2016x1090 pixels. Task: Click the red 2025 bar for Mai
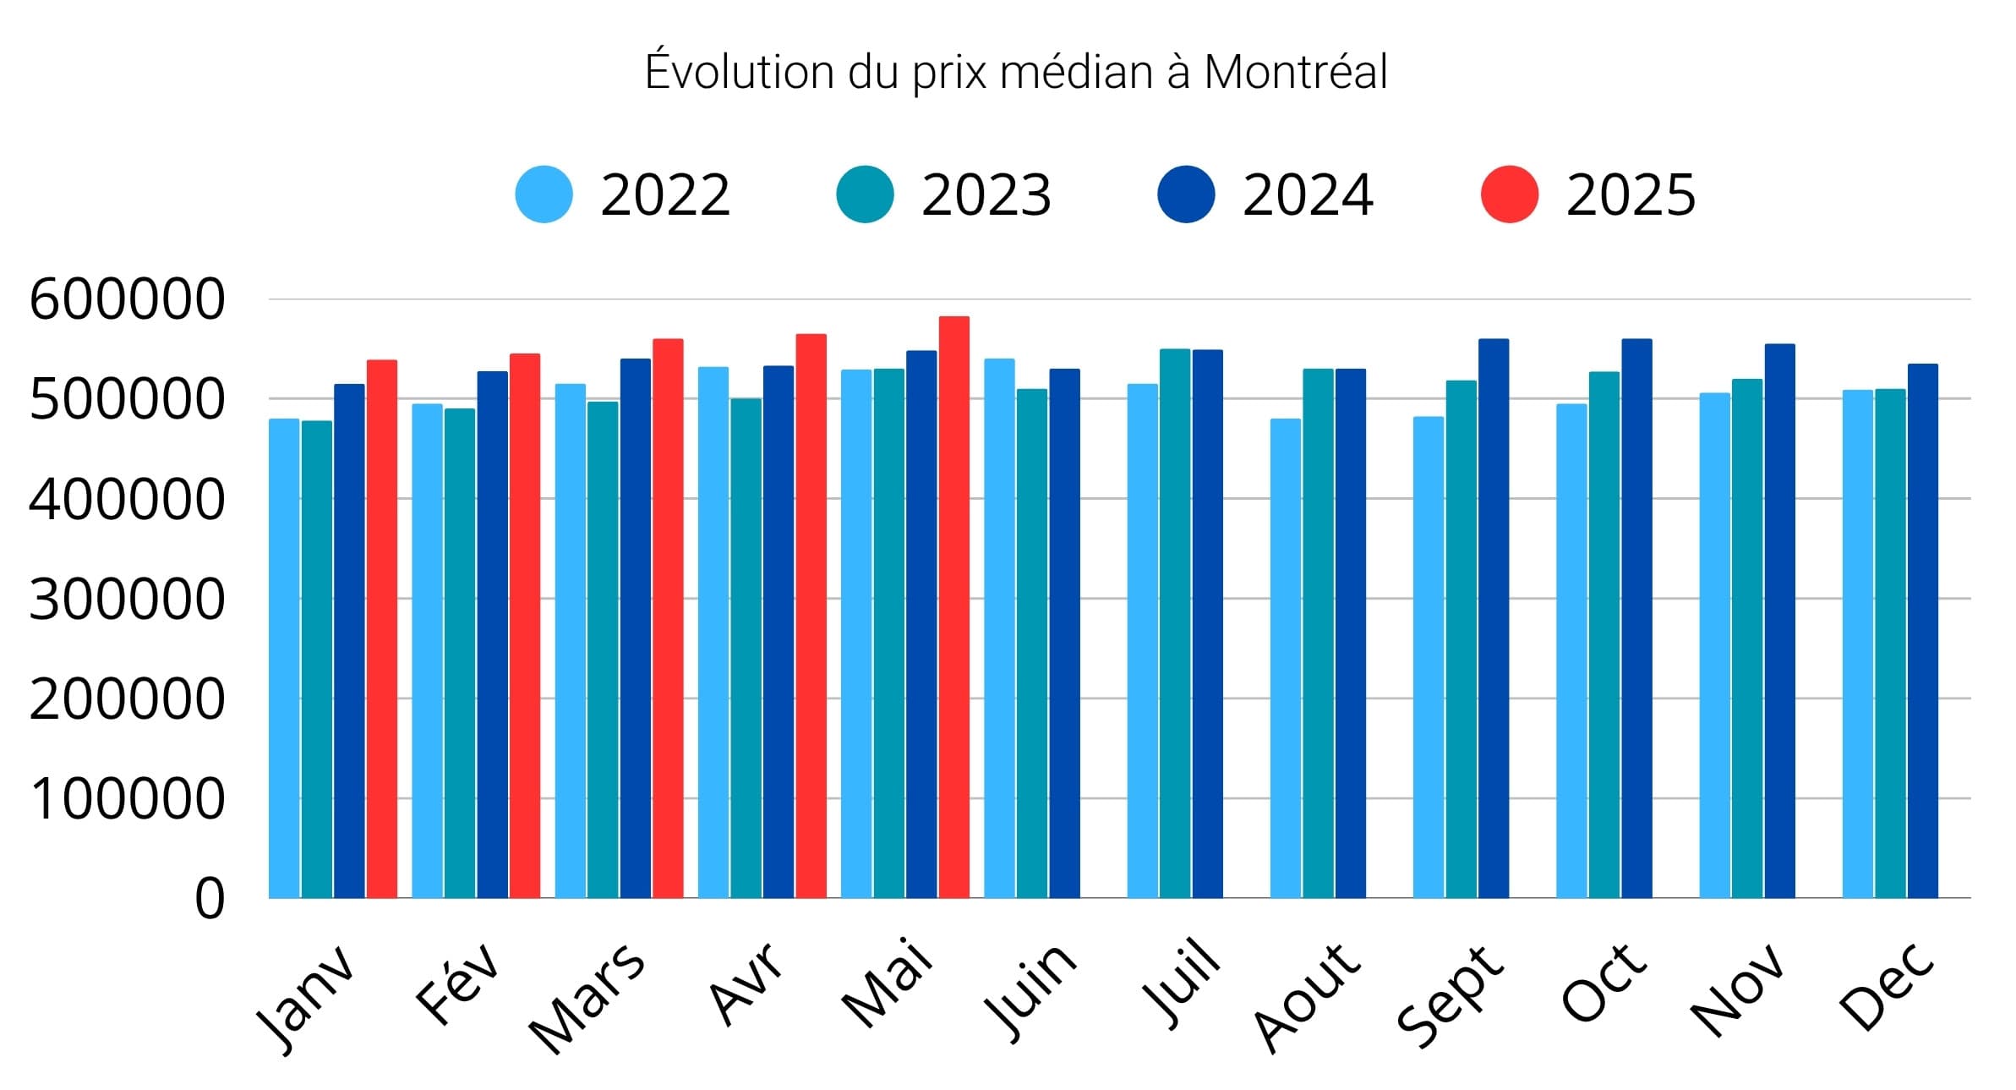coord(953,606)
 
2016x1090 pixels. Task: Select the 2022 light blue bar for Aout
coord(1285,658)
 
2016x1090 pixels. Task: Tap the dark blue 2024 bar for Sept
coord(1494,618)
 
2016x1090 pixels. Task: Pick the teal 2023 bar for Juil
coord(1175,623)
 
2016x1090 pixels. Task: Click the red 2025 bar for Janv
coord(382,628)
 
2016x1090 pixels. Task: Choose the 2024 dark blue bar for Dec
coord(1923,630)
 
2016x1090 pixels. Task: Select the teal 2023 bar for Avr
coord(746,648)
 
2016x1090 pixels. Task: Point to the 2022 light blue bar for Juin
coord(999,628)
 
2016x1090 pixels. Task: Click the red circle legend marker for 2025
coord(1509,194)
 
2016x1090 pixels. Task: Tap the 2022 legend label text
coord(665,195)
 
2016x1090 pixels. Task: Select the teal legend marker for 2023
coord(865,194)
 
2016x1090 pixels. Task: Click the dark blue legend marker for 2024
coord(1186,194)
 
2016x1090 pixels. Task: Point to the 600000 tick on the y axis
coord(128,299)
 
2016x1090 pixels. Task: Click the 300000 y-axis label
coord(128,600)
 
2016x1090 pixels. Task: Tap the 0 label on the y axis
coord(210,898)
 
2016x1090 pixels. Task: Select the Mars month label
coord(587,999)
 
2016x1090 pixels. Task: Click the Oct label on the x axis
coord(1604,983)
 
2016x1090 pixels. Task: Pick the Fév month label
coord(457,983)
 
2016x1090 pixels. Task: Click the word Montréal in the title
coord(1296,71)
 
